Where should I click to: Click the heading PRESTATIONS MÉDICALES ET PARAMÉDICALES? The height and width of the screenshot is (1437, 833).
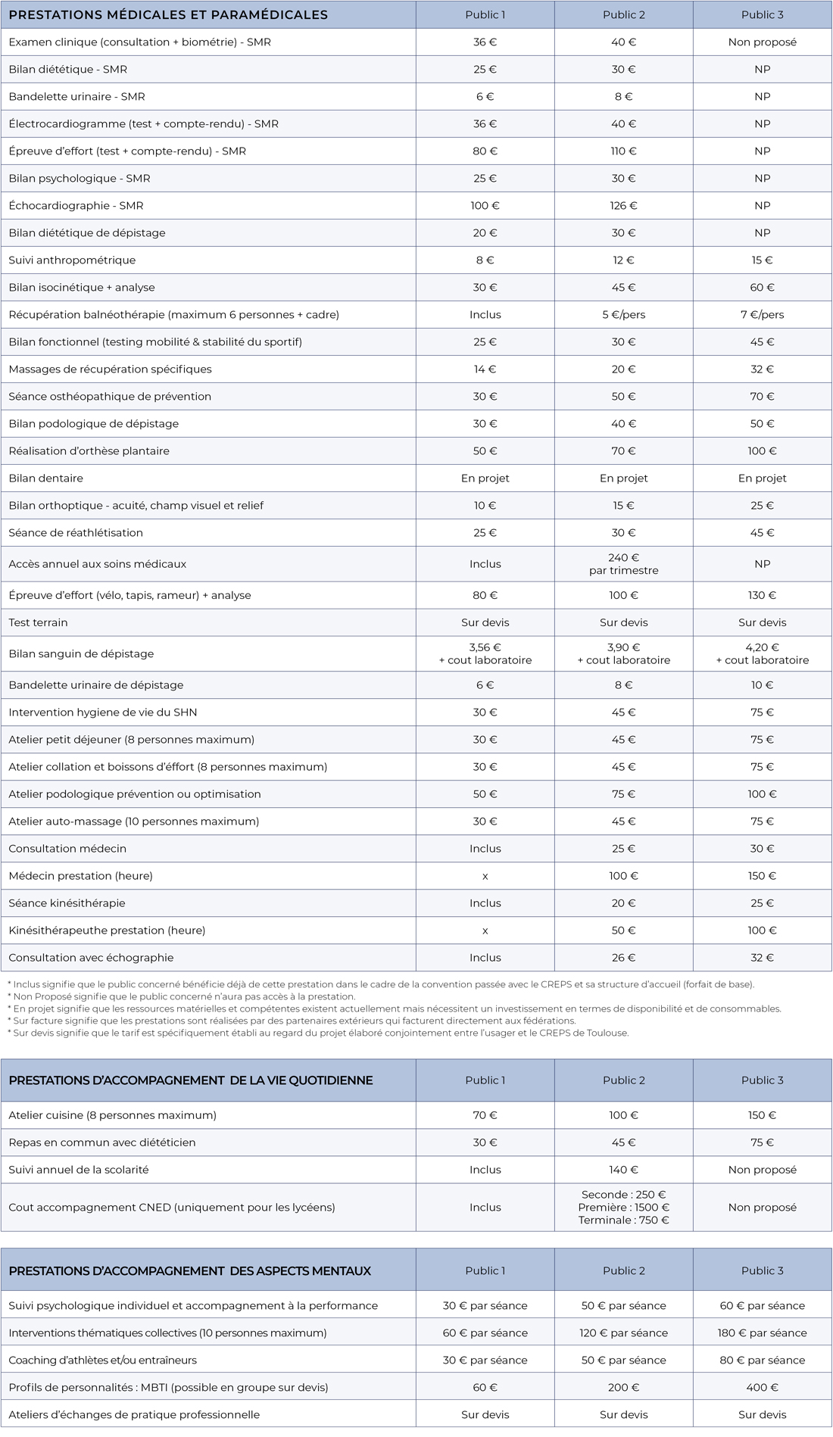(x=168, y=15)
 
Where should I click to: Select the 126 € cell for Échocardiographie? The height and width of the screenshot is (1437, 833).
(x=623, y=206)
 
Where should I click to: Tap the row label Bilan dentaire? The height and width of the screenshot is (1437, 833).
(x=46, y=478)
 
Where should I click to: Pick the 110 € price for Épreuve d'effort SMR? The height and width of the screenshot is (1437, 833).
(x=623, y=151)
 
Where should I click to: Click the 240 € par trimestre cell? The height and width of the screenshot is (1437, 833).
(x=623, y=564)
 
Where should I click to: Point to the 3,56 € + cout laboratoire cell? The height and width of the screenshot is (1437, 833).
(x=485, y=654)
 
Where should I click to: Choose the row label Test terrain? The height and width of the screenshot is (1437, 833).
(x=38, y=623)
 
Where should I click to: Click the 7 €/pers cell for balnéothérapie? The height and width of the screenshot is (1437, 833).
(x=762, y=315)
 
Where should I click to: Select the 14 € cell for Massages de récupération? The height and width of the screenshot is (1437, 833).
(x=485, y=369)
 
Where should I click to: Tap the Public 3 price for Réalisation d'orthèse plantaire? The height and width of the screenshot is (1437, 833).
(x=762, y=451)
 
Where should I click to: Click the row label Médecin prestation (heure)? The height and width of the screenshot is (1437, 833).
(x=80, y=876)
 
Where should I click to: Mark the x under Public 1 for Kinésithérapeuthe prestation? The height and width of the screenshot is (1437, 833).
(x=485, y=931)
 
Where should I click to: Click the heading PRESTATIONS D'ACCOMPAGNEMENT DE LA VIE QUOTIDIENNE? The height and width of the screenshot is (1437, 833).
(x=191, y=1080)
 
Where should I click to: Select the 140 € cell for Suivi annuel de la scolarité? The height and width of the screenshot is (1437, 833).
(x=623, y=1170)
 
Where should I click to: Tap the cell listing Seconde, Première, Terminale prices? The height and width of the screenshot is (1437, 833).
(x=623, y=1208)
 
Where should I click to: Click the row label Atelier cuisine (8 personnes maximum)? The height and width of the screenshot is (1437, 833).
(x=112, y=1115)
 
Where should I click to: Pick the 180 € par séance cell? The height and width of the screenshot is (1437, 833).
(x=762, y=1333)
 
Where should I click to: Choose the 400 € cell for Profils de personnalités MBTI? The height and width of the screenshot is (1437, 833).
(x=762, y=1388)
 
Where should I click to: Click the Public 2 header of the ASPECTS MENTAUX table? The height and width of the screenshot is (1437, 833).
(x=623, y=1271)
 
